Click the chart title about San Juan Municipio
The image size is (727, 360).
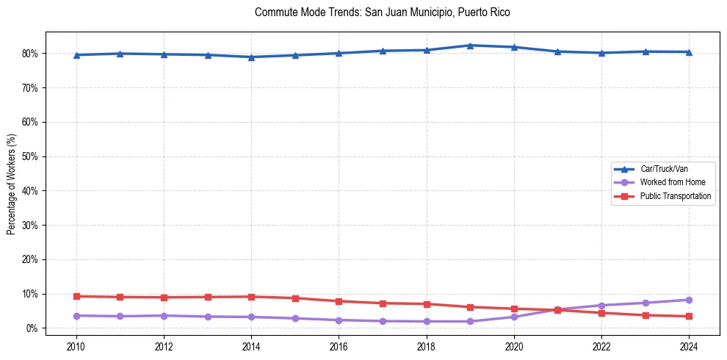(x=382, y=12)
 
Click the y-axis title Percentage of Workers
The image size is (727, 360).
(x=11, y=180)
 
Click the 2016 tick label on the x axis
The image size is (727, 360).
(x=339, y=346)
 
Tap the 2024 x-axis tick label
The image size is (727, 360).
(x=689, y=346)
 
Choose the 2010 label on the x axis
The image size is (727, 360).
(x=76, y=346)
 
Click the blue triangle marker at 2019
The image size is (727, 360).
(x=470, y=46)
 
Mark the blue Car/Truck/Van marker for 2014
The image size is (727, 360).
(x=251, y=57)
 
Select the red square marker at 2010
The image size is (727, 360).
(x=76, y=296)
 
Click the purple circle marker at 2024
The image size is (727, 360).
(x=689, y=300)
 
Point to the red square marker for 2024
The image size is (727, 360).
(x=689, y=316)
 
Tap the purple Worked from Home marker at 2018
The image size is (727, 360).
(x=426, y=321)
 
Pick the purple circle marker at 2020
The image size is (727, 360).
(x=514, y=317)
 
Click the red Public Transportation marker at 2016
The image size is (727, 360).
(x=339, y=301)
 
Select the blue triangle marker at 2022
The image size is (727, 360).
(x=601, y=53)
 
